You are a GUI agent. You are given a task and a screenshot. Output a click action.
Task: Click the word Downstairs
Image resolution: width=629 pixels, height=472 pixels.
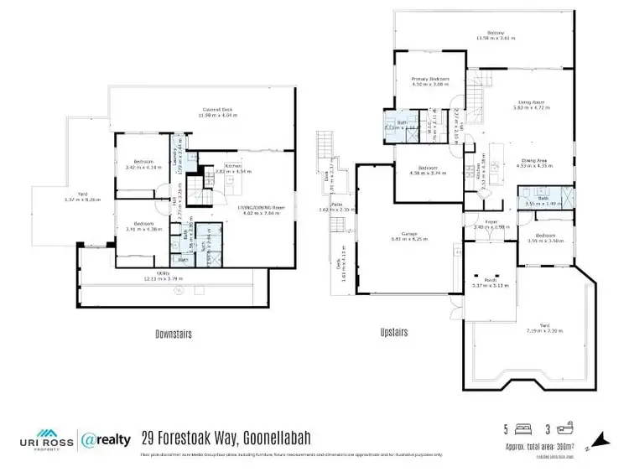click(174, 334)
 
